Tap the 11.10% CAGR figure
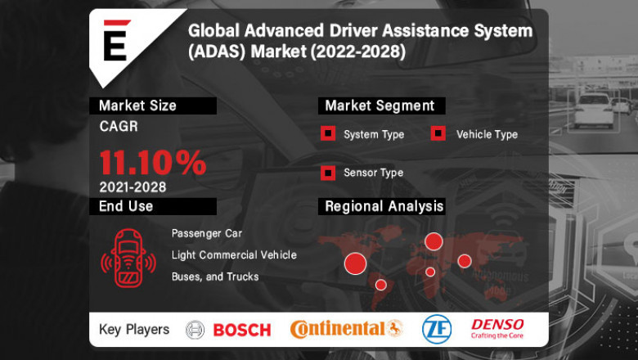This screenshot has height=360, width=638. click(153, 163)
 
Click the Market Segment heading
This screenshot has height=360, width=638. click(380, 106)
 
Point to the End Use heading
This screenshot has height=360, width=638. click(126, 206)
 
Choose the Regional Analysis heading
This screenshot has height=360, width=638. click(384, 206)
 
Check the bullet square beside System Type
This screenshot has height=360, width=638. click(327, 133)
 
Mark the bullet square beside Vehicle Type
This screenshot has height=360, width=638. click(438, 133)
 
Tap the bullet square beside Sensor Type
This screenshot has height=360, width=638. click(327, 173)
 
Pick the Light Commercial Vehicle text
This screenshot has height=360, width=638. click(234, 255)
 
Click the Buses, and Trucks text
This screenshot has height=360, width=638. click(215, 277)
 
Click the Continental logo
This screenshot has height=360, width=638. click(347, 329)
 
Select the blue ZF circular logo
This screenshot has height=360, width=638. click(435, 329)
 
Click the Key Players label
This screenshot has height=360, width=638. click(134, 330)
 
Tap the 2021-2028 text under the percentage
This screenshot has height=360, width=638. click(133, 187)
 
